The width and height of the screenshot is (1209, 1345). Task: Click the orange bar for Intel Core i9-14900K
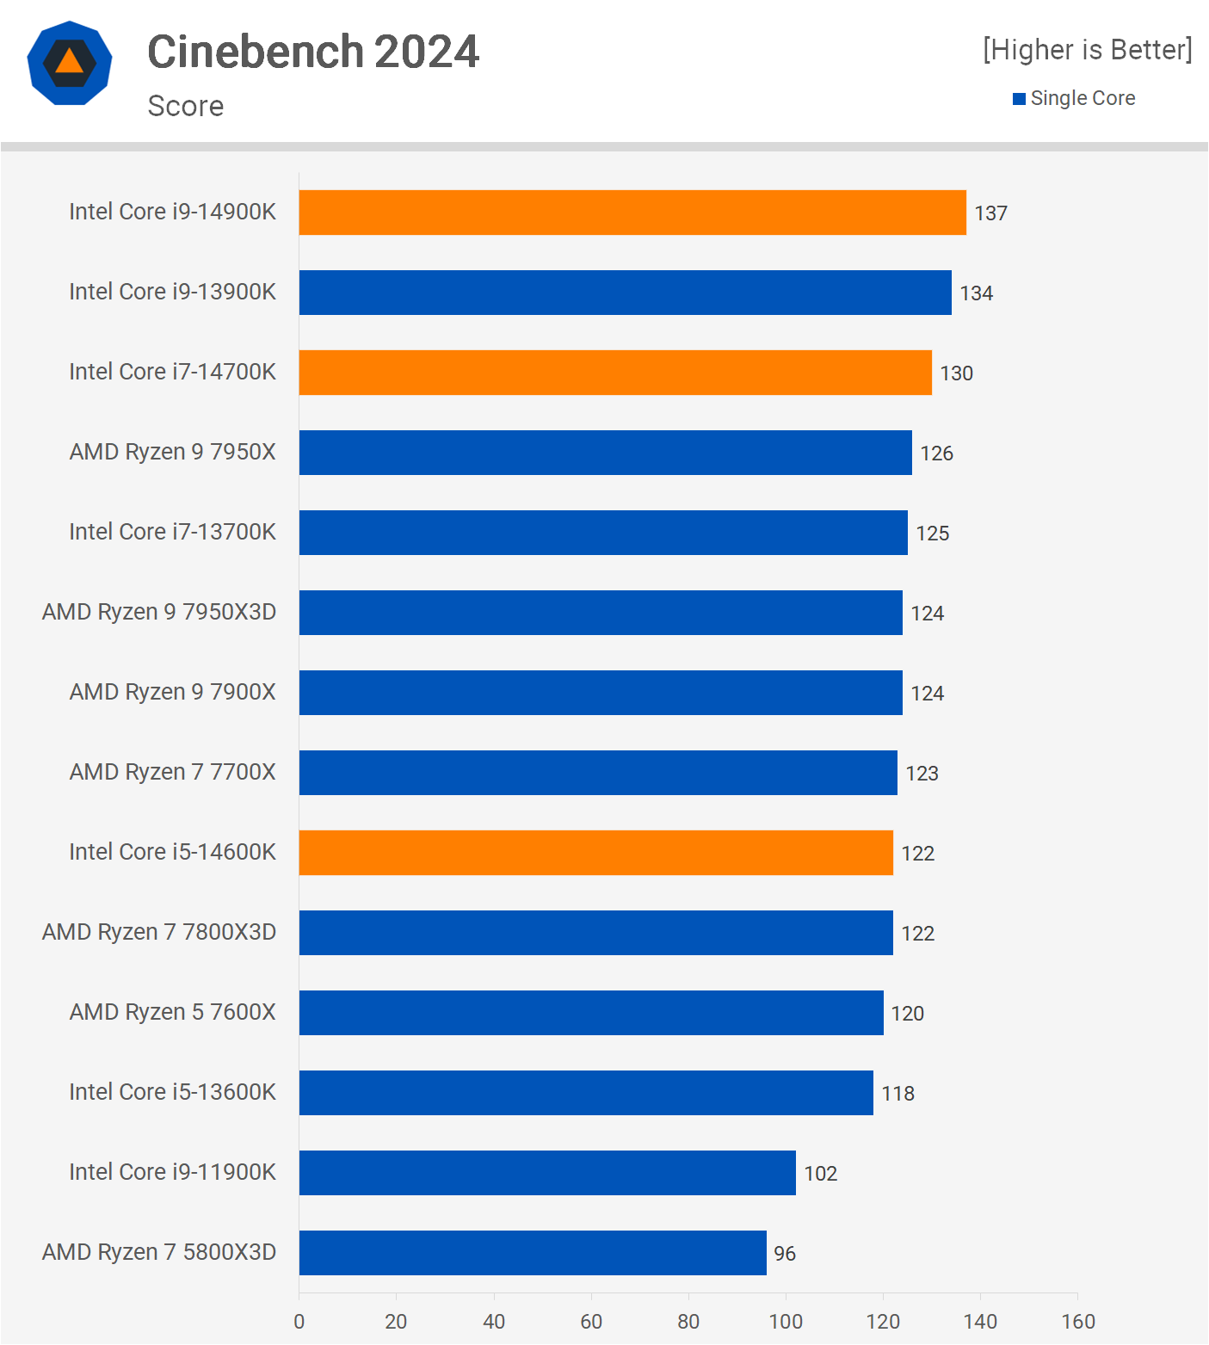pyautogui.click(x=632, y=213)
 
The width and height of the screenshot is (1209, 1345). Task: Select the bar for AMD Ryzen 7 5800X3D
pyautogui.click(x=533, y=1253)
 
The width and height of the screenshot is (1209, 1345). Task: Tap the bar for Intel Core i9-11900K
pyautogui.click(x=547, y=1173)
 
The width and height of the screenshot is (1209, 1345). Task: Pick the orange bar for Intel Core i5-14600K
pyautogui.click(x=596, y=853)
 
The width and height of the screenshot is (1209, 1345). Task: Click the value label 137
pyautogui.click(x=990, y=213)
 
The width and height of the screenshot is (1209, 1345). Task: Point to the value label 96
pyautogui.click(x=785, y=1254)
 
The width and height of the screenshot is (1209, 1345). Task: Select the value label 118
pyautogui.click(x=897, y=1094)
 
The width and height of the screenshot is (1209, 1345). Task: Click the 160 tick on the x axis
pyautogui.click(x=1078, y=1322)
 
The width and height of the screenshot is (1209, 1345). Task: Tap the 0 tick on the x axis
pyautogui.click(x=299, y=1322)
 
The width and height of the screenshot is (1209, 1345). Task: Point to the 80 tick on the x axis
pyautogui.click(x=688, y=1322)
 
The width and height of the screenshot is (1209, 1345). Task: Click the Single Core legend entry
pyautogui.click(x=1074, y=98)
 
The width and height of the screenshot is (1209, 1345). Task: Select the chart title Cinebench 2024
pyautogui.click(x=313, y=52)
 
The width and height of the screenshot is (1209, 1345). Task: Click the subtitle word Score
pyautogui.click(x=186, y=106)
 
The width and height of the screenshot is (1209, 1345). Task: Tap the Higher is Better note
pyautogui.click(x=1088, y=50)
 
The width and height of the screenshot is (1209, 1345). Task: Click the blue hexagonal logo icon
pyautogui.click(x=70, y=63)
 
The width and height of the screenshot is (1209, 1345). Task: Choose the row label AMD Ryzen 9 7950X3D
pyautogui.click(x=159, y=612)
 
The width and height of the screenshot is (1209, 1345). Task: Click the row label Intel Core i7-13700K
pyautogui.click(x=173, y=532)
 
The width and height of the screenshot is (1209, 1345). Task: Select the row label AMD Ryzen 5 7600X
pyautogui.click(x=173, y=1012)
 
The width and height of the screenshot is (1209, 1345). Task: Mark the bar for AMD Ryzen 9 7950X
pyautogui.click(x=606, y=453)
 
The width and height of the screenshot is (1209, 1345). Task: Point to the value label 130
pyautogui.click(x=956, y=373)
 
